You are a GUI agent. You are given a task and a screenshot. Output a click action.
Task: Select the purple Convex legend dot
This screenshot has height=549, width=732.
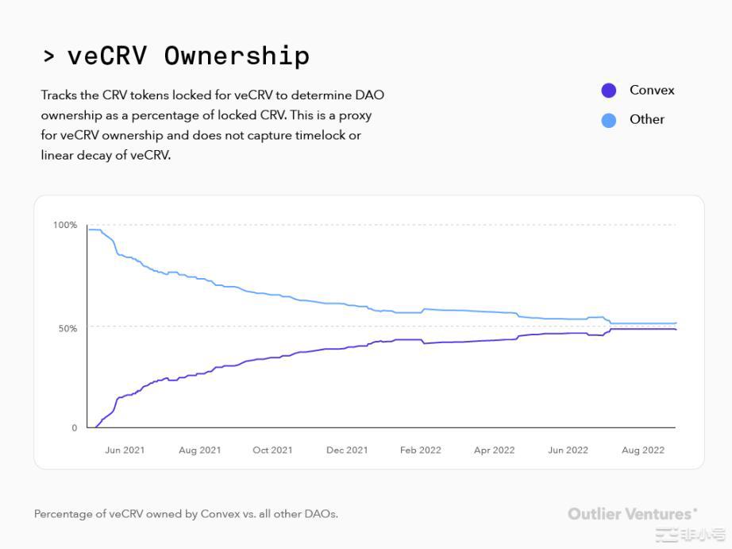(609, 91)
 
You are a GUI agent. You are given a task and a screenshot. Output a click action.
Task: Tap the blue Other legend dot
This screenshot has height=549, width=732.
(609, 120)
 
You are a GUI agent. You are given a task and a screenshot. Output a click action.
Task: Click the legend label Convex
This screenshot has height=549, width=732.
(652, 90)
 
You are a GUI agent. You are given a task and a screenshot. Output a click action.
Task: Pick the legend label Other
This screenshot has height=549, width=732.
(647, 119)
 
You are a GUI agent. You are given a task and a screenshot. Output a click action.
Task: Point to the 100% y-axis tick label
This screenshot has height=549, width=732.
(65, 225)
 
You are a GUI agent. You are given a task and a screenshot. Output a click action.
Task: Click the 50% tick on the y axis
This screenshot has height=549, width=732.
(67, 328)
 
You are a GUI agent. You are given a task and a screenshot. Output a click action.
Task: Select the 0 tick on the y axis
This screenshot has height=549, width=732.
(75, 427)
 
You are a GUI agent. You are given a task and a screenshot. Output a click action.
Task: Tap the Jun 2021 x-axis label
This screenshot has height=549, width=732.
(125, 450)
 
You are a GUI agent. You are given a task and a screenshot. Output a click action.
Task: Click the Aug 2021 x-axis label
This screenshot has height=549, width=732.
(199, 450)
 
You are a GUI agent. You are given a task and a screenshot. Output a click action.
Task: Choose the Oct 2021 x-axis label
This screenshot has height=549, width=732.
(272, 450)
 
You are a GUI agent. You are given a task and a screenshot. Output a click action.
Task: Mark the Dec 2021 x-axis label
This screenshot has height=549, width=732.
(347, 450)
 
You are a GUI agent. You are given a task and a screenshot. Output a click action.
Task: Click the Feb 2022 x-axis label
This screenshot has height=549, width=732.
(420, 450)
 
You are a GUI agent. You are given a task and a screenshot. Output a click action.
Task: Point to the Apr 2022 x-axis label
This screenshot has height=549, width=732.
(494, 450)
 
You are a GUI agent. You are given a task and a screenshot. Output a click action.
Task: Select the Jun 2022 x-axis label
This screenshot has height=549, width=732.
(568, 450)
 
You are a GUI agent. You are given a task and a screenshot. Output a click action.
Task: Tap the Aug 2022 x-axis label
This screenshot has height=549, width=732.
(643, 450)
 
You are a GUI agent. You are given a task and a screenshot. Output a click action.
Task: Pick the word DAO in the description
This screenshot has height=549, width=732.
(369, 95)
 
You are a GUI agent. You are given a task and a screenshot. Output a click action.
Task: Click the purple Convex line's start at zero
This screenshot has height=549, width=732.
(95, 427)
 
